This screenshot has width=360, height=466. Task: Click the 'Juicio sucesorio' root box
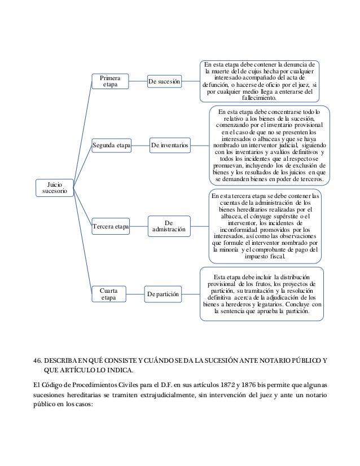tap(51, 187)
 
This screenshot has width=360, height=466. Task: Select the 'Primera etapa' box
tap(111, 81)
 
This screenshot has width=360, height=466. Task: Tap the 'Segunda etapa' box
tap(111, 147)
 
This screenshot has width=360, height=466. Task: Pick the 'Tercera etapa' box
tap(111, 226)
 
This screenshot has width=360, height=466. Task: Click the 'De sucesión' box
tap(165, 82)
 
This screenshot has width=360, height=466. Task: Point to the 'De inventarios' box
tap(170, 147)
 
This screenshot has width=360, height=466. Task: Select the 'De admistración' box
tap(170, 227)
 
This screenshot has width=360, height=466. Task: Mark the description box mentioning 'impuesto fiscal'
tap(265, 226)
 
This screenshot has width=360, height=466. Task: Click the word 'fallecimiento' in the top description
tap(260, 98)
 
